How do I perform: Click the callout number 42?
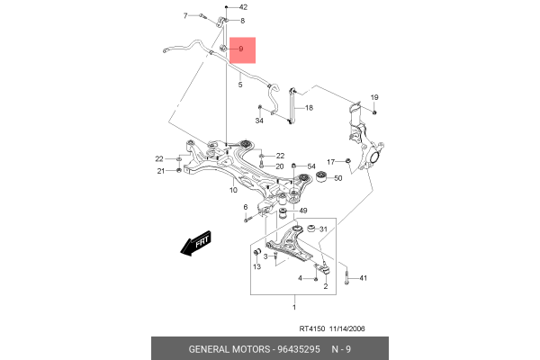pyautogui.click(x=244, y=7)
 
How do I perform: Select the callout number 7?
pyautogui.click(x=185, y=15)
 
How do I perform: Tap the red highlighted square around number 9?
pyautogui.click(x=242, y=50)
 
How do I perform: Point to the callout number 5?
pyautogui.click(x=240, y=85)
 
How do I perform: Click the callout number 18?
pyautogui.click(x=309, y=108)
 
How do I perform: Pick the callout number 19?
pyautogui.click(x=374, y=97)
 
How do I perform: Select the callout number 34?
pyautogui.click(x=259, y=121)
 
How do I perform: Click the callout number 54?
pyautogui.click(x=311, y=166)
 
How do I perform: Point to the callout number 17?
pyautogui.click(x=330, y=162)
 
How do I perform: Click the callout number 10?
pyautogui.click(x=233, y=190)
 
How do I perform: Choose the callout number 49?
pyautogui.click(x=303, y=211)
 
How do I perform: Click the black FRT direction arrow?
pyautogui.click(x=195, y=243)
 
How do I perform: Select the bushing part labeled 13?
pyautogui.click(x=256, y=252)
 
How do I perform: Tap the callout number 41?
pyautogui.click(x=364, y=278)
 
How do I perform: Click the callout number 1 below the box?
pyautogui.click(x=294, y=307)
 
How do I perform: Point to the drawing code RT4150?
pyautogui.click(x=312, y=328)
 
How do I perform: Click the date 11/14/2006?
pyautogui.click(x=347, y=328)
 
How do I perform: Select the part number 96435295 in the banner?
pyautogui.click(x=299, y=349)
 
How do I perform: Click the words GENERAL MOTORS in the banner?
pyautogui.click(x=229, y=349)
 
